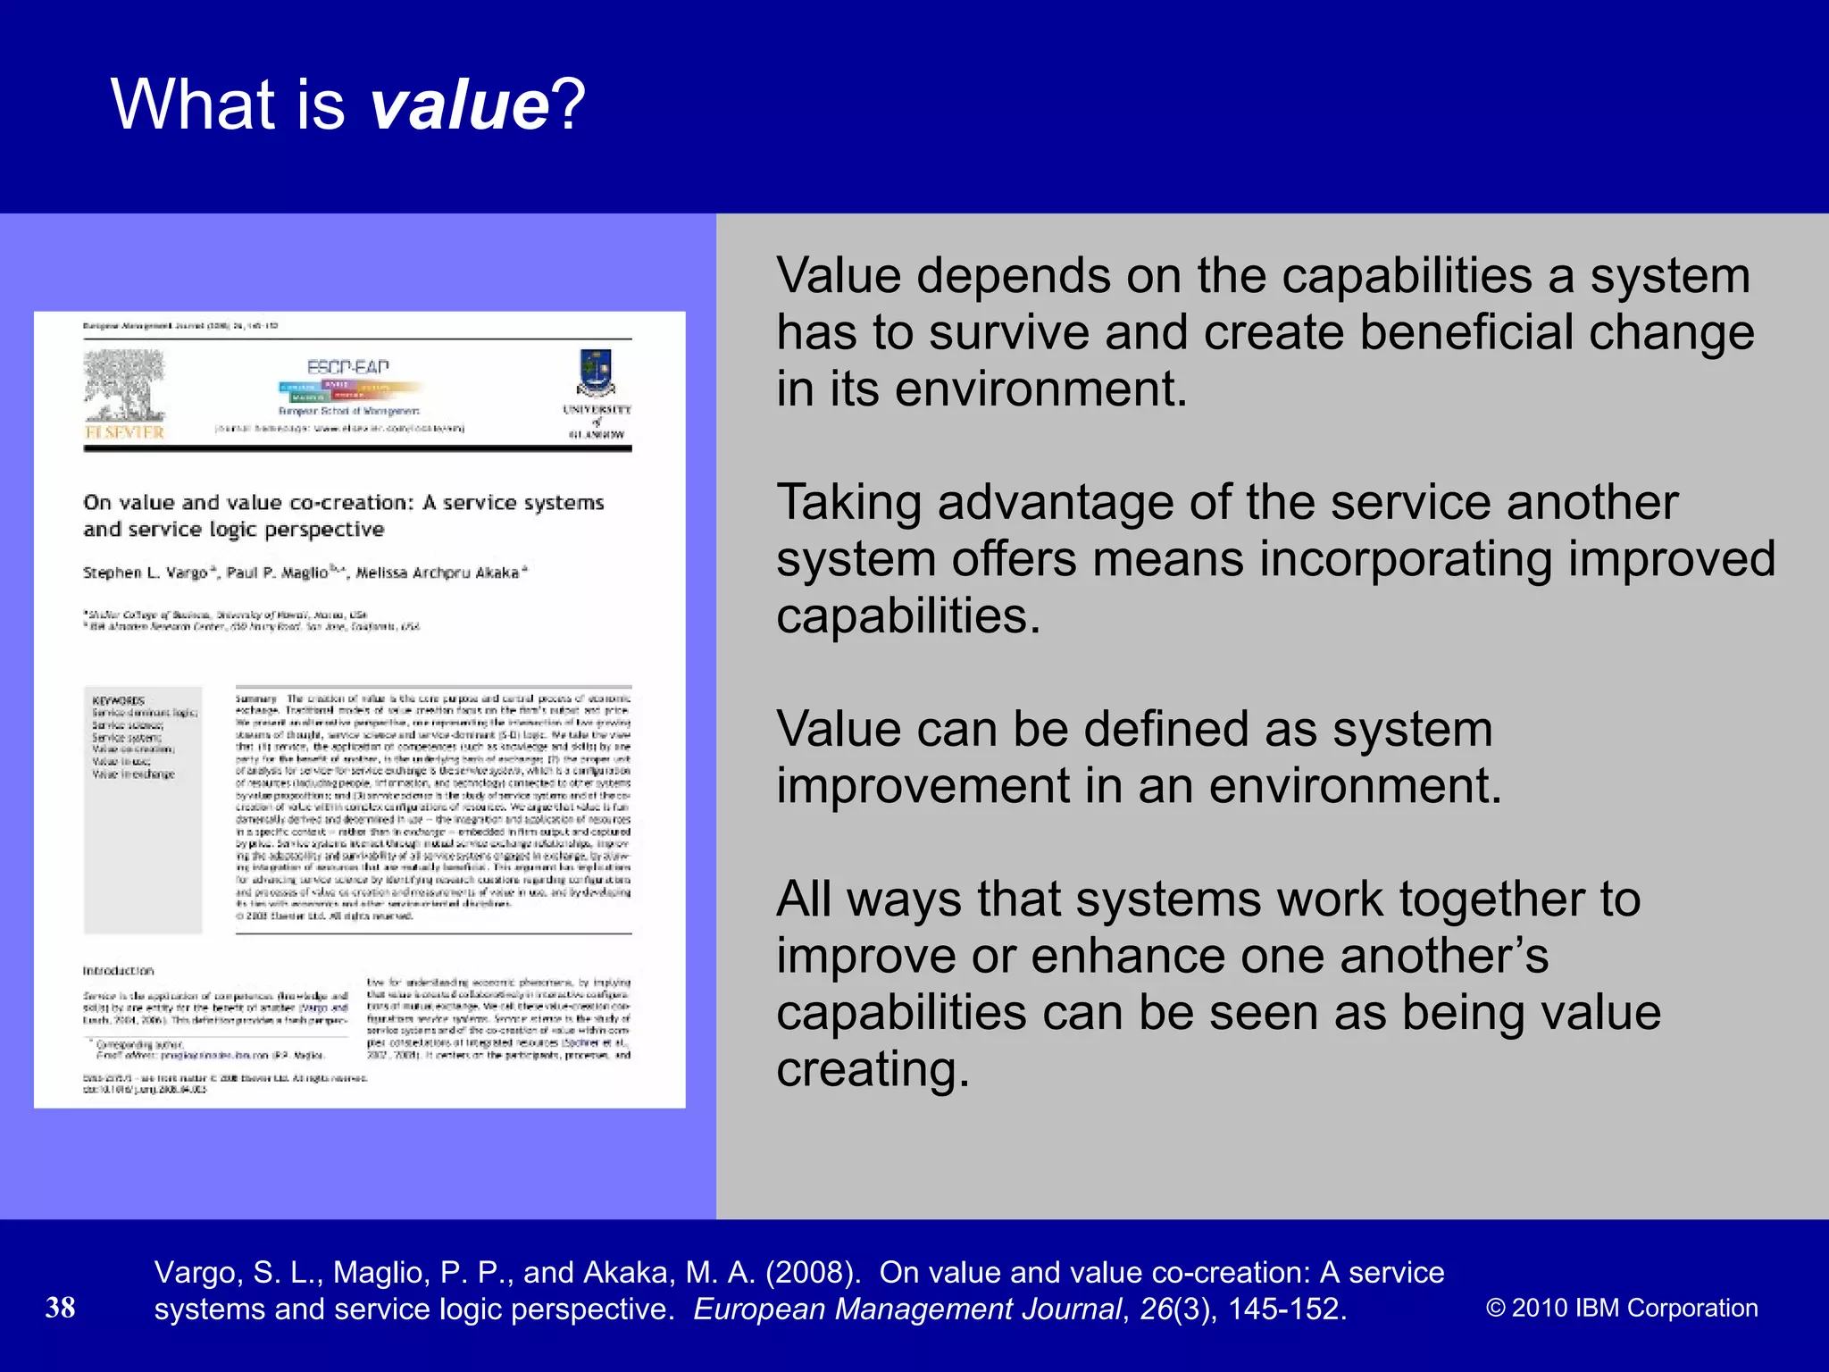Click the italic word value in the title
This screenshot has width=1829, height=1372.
(x=459, y=105)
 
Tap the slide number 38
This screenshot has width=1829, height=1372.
(x=61, y=1308)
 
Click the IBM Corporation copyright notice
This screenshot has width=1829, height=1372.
(x=1621, y=1308)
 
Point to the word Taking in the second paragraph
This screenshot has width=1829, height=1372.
(x=848, y=503)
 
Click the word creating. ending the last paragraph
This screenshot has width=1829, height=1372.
(x=873, y=1069)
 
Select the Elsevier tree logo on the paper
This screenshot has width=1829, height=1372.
(x=124, y=386)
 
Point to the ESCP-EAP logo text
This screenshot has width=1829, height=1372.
(x=348, y=367)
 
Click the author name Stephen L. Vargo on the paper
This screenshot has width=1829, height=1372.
(x=146, y=573)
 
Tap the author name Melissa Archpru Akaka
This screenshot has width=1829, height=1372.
(x=438, y=573)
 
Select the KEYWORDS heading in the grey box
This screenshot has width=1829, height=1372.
(x=118, y=700)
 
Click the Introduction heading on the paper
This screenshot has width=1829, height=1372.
(x=118, y=971)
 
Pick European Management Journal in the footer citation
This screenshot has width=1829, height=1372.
(x=906, y=1309)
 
